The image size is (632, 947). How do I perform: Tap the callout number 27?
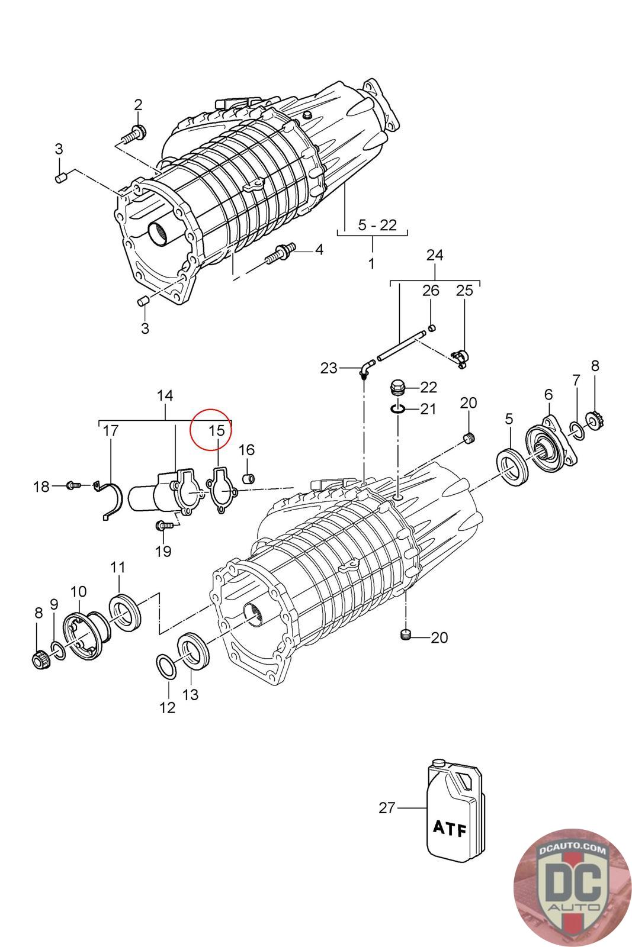[x=387, y=807]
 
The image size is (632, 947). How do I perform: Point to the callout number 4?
[x=319, y=250]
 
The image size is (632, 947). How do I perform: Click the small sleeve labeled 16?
[x=250, y=477]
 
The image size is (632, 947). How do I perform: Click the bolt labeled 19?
[x=163, y=524]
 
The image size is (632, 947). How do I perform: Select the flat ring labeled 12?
[x=167, y=667]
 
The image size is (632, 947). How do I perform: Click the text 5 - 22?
[x=377, y=225]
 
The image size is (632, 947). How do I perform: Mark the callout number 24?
[x=435, y=255]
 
